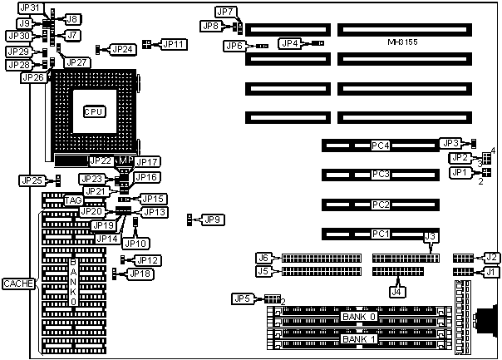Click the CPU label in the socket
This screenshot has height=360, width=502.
pos(96,111)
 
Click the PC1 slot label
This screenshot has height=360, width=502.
pos(381,234)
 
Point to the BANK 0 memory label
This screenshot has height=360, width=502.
pos(359,317)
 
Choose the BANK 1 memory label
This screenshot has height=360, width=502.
pos(359,339)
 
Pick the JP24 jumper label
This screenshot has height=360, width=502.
pos(123,50)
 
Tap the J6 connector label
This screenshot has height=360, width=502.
pos(263,257)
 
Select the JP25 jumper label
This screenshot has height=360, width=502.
pos(32,180)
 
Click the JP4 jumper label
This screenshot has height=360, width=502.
pos(290,42)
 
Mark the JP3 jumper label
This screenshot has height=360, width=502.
pos(450,143)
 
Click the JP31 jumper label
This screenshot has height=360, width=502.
pos(28,7)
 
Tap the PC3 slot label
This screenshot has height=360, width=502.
pos(381,175)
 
